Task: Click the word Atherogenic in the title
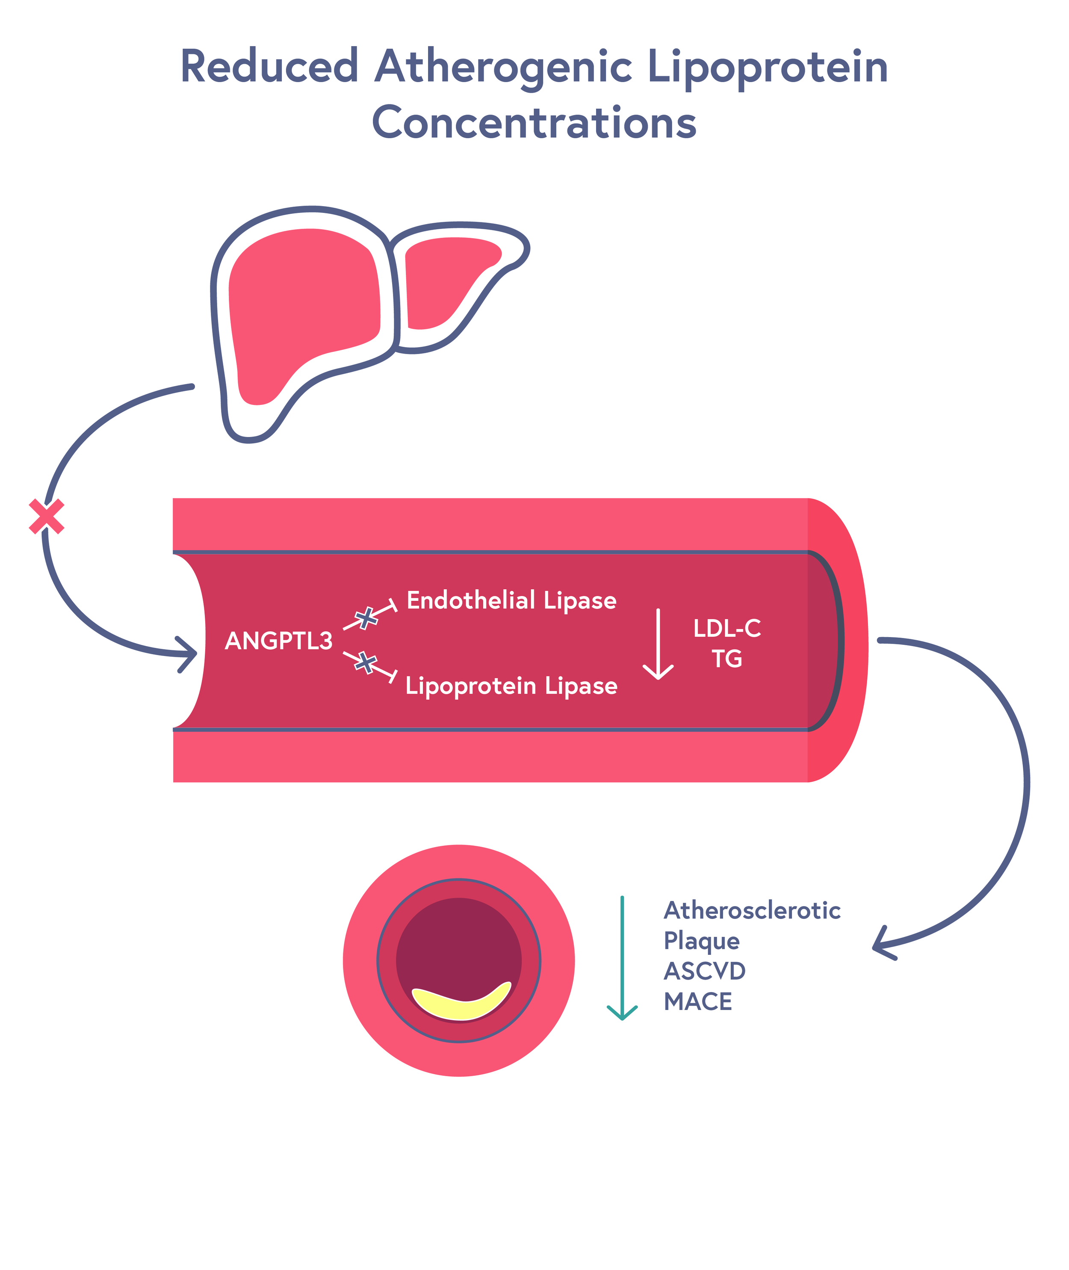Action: [x=503, y=67]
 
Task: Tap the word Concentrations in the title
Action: [x=534, y=123]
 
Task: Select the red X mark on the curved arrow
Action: [x=47, y=517]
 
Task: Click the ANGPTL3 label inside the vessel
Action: [x=279, y=641]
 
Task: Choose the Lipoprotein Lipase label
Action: [x=511, y=686]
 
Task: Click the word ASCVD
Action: [x=704, y=971]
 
